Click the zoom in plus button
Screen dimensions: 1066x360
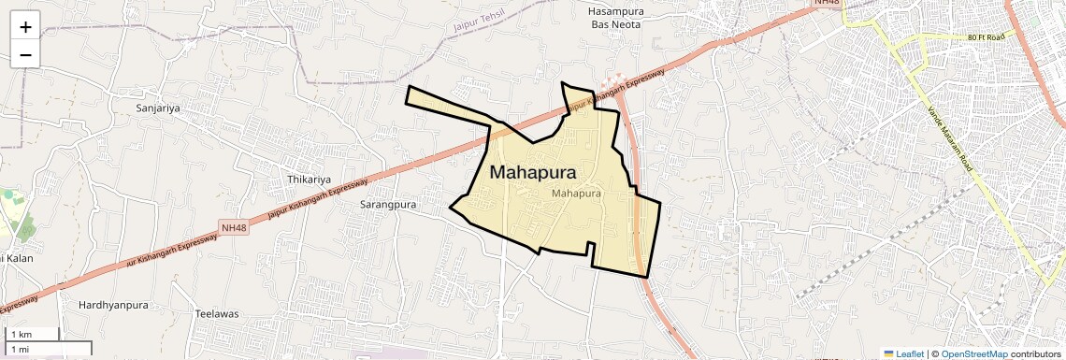(x=25, y=27)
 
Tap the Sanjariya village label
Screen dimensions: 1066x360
(x=157, y=108)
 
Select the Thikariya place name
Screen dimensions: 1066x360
(x=309, y=180)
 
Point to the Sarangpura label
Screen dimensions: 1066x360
(x=388, y=203)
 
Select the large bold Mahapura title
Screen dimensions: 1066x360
(x=532, y=172)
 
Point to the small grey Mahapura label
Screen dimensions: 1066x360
(x=576, y=194)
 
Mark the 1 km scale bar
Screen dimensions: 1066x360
(x=32, y=335)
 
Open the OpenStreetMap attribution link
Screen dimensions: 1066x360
(x=973, y=353)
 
